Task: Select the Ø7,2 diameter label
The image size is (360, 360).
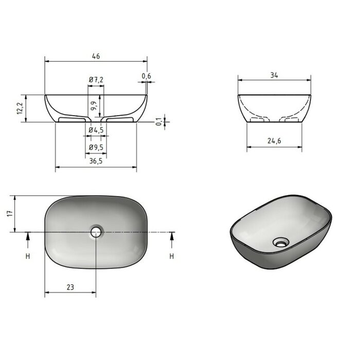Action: pyautogui.click(x=96, y=80)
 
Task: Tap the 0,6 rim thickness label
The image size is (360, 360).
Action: pyautogui.click(x=147, y=77)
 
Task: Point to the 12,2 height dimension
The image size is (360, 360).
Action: pyautogui.click(x=20, y=108)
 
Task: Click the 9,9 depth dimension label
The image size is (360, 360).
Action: pyautogui.click(x=93, y=106)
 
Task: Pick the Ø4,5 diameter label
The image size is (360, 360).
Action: pyautogui.click(x=96, y=130)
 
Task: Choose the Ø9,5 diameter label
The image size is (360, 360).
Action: pyautogui.click(x=96, y=148)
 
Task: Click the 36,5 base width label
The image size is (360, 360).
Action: pyautogui.click(x=96, y=161)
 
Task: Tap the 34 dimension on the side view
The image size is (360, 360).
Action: pyautogui.click(x=274, y=75)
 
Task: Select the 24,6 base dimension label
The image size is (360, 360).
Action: pyautogui.click(x=274, y=140)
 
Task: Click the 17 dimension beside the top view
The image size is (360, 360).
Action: pyautogui.click(x=10, y=213)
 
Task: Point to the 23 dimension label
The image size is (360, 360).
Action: pyautogui.click(x=70, y=287)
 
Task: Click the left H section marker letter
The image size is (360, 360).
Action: pyautogui.click(x=28, y=256)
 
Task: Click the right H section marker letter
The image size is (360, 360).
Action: pyautogui.click(x=172, y=256)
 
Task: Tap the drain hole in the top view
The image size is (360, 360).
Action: pyautogui.click(x=96, y=232)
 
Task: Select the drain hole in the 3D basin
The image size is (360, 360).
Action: pyautogui.click(x=280, y=241)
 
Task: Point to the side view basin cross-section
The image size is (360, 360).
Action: pyautogui.click(x=274, y=109)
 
